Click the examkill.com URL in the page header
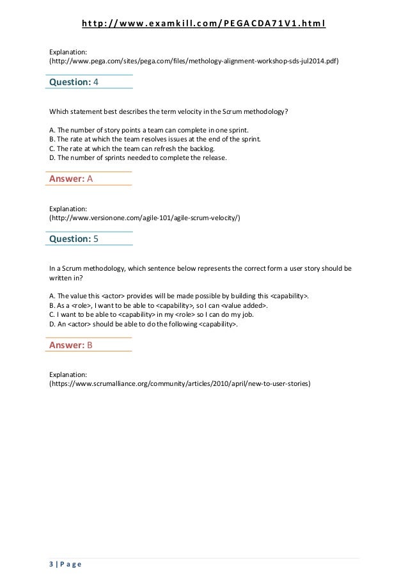204,24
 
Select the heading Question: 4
74,82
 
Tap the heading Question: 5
74,239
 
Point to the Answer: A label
71,179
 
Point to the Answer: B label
71,346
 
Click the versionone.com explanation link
145,218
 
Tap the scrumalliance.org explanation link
180,385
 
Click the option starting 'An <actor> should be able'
144,325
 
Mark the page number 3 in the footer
51,564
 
